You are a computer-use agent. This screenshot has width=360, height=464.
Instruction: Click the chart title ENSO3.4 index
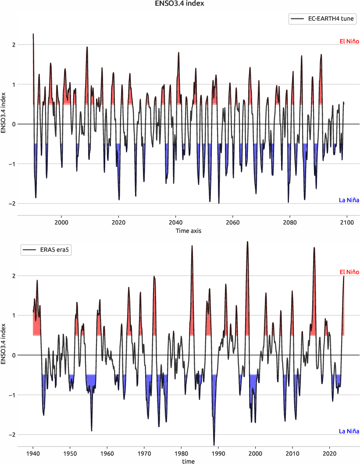point(180,4)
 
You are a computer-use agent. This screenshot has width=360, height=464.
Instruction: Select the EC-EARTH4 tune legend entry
point(322,19)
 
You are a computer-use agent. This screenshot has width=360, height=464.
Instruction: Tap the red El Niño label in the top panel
point(349,42)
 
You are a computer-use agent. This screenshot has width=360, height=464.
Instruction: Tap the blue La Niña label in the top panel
point(349,200)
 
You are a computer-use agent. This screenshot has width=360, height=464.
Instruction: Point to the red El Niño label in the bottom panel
point(349,272)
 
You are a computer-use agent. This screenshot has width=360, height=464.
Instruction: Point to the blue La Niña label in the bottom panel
point(349,431)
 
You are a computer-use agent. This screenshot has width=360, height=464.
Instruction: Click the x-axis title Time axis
point(189,230)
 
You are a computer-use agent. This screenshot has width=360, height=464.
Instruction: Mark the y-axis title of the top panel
point(4,113)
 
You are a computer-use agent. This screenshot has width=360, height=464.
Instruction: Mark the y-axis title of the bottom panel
point(4,343)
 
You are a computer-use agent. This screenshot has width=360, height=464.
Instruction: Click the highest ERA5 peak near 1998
point(247,242)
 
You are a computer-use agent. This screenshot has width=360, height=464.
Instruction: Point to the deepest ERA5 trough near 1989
point(214,445)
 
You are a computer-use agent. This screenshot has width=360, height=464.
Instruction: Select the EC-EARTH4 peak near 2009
point(87,47)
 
